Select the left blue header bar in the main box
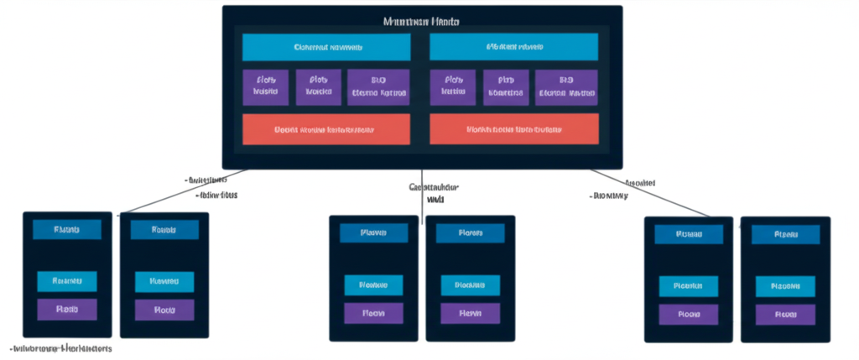(326, 47)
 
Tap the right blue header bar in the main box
(513, 47)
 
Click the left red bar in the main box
(326, 130)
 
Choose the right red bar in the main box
(513, 130)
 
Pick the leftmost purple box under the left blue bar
(265, 87)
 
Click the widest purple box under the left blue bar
(378, 87)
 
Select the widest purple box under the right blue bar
(566, 87)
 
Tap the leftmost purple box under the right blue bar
(453, 87)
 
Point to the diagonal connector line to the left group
(185, 192)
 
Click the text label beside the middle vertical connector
(434, 194)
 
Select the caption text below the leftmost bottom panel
(60, 347)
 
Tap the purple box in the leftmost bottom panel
(66, 309)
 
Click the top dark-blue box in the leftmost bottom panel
(66, 229)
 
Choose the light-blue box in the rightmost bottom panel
(785, 286)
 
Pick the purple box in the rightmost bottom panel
(785, 315)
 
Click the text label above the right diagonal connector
(640, 182)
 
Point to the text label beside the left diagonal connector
(210, 187)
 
